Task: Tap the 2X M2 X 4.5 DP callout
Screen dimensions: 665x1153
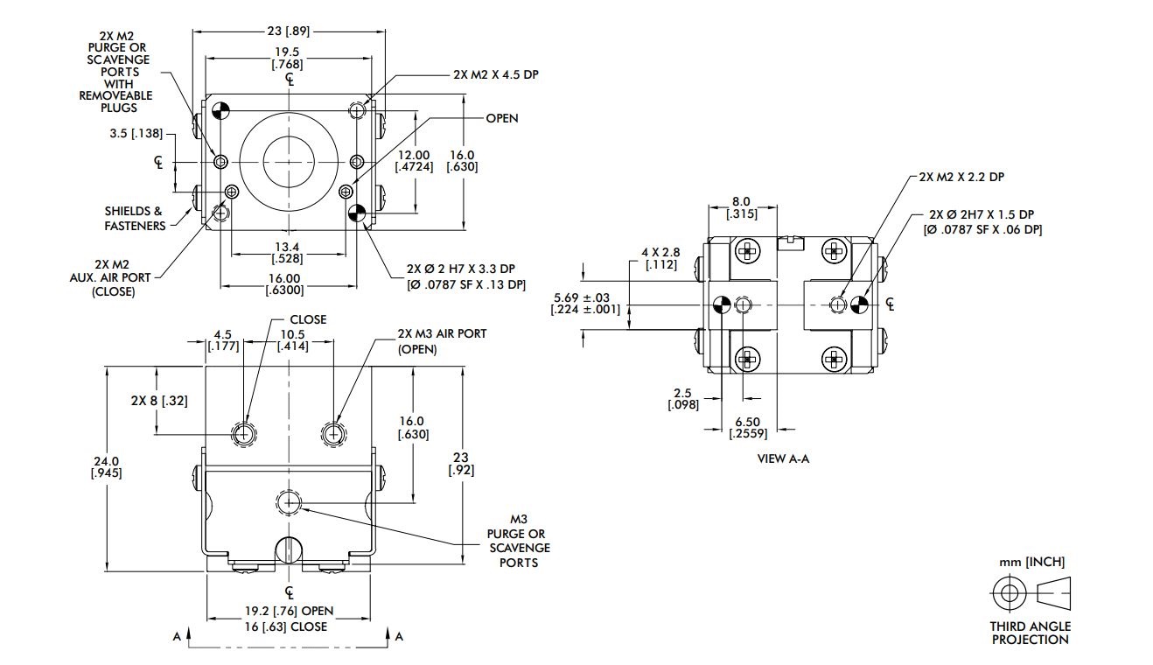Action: pos(495,75)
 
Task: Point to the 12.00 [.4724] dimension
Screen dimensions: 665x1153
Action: pos(414,160)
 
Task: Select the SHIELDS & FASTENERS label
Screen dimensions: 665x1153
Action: pos(135,218)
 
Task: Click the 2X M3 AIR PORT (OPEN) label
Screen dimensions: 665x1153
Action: pos(441,341)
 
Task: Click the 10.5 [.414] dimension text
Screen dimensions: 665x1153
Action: pos(292,340)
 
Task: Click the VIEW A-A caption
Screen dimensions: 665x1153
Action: pos(783,458)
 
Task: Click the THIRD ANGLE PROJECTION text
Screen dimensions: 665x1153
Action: pos(1030,633)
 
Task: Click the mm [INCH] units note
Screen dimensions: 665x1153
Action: pos(1031,562)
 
